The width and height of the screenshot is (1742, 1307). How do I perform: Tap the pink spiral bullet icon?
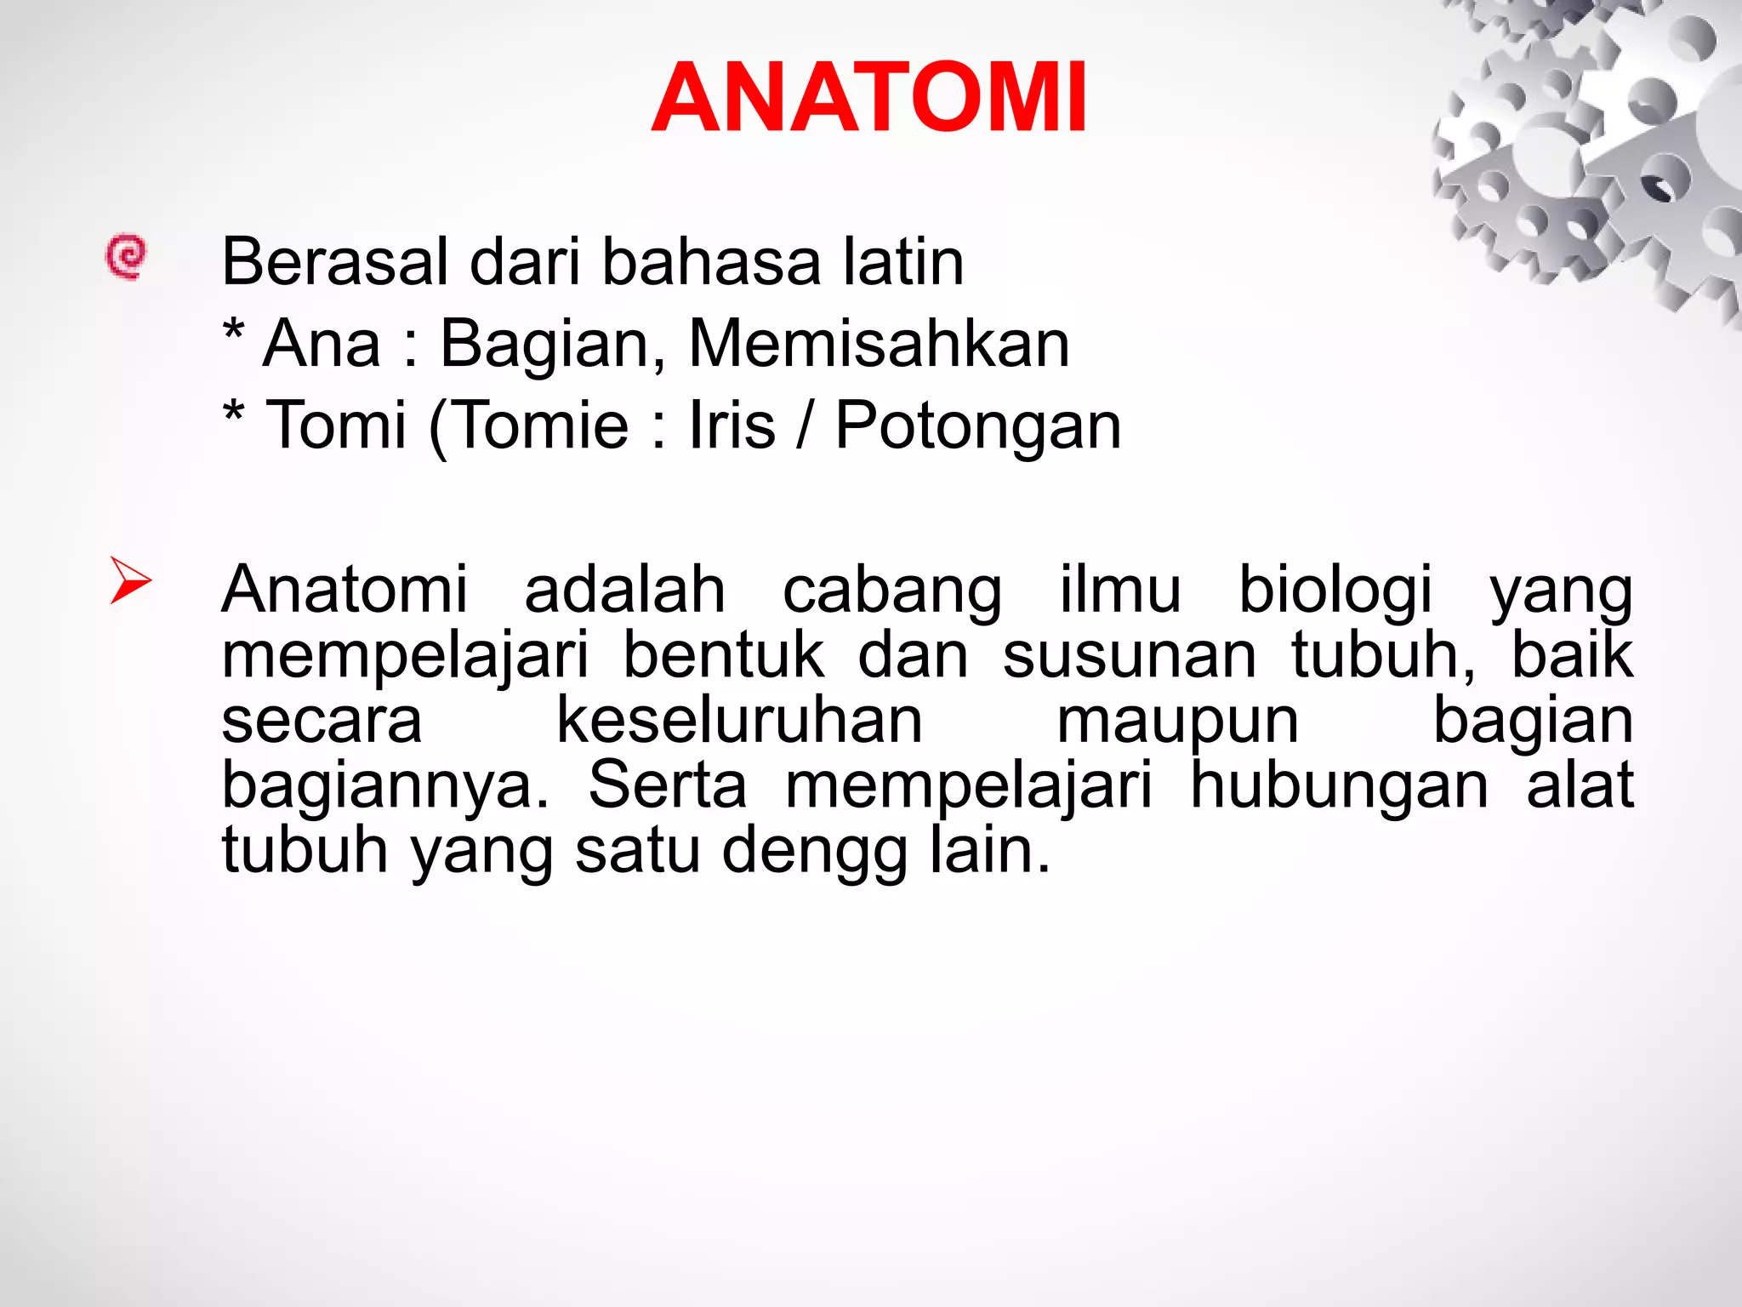click(x=126, y=256)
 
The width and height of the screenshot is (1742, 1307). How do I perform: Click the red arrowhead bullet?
click(x=130, y=580)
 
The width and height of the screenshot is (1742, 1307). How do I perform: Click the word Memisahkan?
click(x=879, y=344)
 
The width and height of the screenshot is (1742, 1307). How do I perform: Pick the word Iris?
click(x=732, y=425)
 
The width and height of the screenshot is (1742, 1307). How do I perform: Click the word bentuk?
click(x=724, y=655)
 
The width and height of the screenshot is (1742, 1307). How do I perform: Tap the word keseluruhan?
click(x=739, y=720)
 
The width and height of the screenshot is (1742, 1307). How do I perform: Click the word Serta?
click(x=668, y=785)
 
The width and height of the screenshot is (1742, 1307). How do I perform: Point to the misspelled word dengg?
click(x=815, y=852)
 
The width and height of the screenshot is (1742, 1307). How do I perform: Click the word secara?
click(x=322, y=722)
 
